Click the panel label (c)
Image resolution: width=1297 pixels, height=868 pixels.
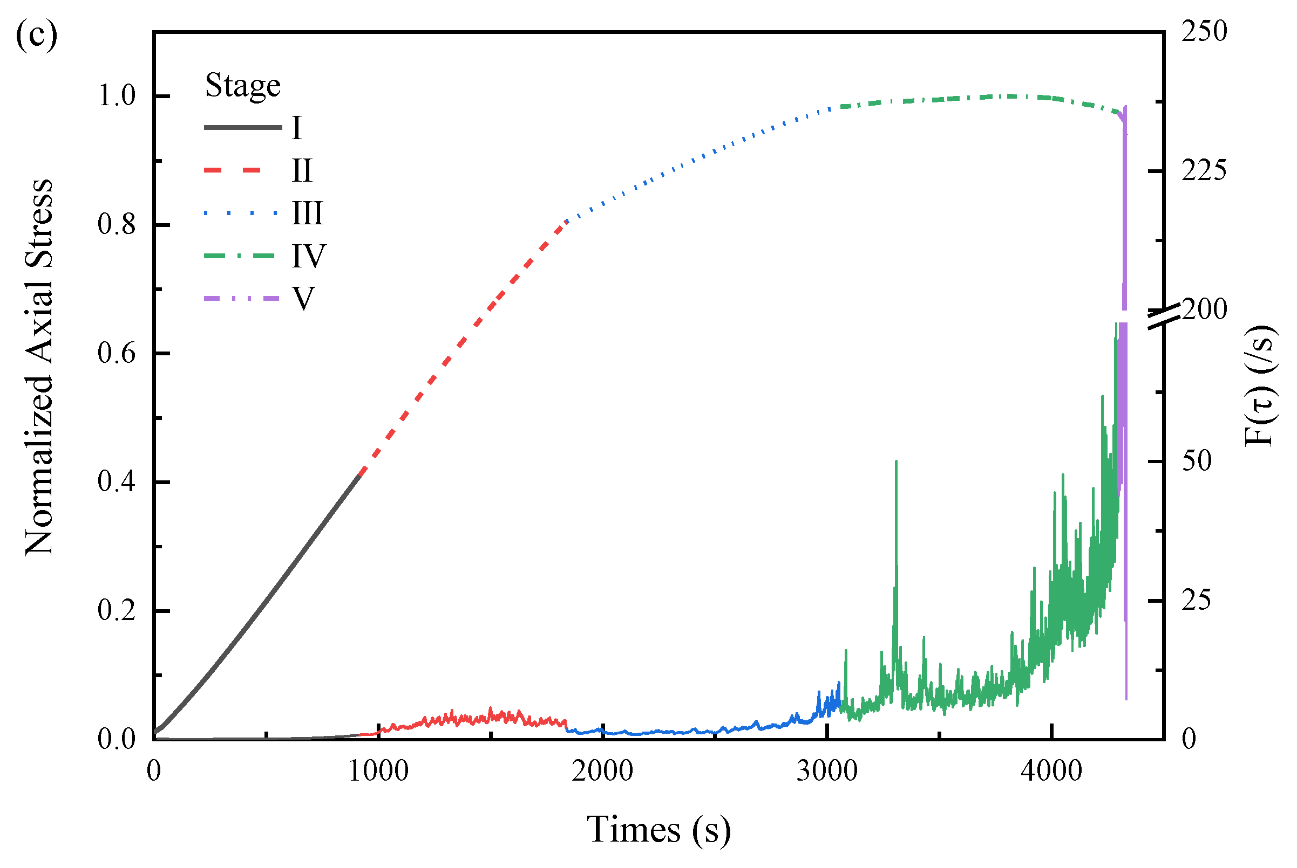(36, 37)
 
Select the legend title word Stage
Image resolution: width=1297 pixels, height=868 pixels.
(243, 86)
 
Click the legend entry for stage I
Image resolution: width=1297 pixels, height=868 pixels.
(296, 128)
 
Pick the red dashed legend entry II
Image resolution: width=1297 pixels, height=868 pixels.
(302, 170)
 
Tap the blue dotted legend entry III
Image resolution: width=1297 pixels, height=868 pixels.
(307, 213)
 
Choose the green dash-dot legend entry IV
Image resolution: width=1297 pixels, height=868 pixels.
(309, 256)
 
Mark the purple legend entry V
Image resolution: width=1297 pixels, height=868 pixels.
(304, 299)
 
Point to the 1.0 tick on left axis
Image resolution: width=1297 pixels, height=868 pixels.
(117, 96)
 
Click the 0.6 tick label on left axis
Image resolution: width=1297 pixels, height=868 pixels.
(117, 353)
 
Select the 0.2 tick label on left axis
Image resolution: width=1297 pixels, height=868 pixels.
(117, 611)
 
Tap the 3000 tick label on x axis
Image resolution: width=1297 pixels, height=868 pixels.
(827, 771)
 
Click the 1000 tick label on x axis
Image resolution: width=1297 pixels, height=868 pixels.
(378, 771)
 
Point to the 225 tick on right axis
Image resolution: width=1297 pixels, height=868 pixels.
(1204, 171)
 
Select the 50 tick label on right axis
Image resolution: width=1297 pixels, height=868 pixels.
(1197, 461)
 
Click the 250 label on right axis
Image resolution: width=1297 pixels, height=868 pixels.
(1204, 32)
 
